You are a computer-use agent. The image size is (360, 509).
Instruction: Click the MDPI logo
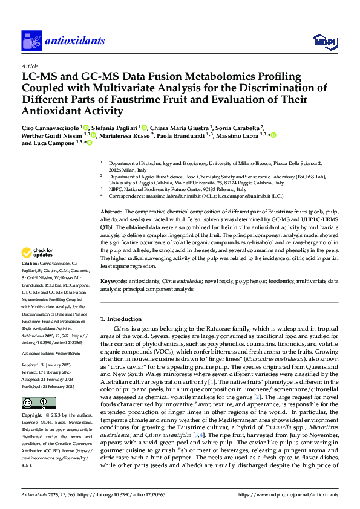click(323, 41)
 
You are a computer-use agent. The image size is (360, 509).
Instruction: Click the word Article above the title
click(29, 66)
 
